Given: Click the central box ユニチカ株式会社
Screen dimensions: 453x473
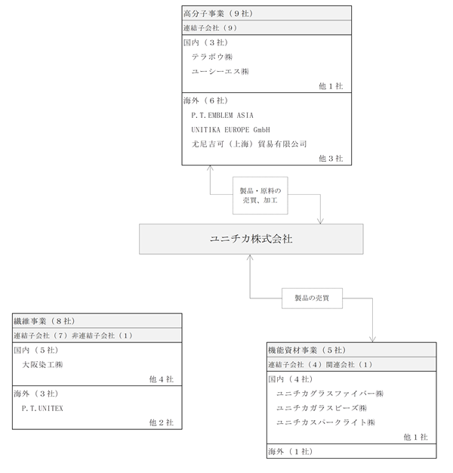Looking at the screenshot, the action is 251,239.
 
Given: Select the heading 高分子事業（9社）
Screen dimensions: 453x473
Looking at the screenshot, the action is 218,14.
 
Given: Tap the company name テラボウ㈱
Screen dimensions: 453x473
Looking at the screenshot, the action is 212,57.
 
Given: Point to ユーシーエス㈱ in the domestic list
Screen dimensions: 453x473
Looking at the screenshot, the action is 220,72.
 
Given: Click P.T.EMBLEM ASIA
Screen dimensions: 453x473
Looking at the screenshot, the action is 222,116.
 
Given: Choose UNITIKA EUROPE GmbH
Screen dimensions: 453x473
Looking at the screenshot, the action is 230,130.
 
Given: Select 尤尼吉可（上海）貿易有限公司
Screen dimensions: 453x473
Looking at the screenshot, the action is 249,144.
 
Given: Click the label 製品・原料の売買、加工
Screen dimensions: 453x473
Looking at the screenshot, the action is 260,196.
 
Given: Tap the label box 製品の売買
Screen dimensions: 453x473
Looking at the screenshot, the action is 312,298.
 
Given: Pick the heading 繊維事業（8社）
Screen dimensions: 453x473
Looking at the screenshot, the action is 45,321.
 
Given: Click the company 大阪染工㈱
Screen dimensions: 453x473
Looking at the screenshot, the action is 42,365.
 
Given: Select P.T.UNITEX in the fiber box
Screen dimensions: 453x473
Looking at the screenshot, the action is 42,409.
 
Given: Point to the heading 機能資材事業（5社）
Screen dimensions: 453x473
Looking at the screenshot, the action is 307,351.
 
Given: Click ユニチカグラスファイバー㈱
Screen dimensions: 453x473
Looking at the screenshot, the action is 330,394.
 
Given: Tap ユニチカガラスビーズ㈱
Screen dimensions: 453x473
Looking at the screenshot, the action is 322,408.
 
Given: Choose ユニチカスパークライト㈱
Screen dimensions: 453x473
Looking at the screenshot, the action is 325,422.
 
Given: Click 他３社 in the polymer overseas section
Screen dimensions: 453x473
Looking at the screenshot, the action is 331,159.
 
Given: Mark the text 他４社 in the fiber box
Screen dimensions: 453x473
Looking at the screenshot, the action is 162,379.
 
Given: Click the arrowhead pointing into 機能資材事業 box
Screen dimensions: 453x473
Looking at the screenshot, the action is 372,339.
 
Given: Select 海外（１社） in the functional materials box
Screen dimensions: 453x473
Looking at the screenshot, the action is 291,452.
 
